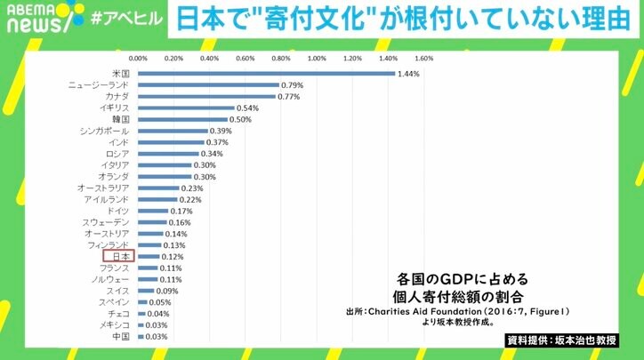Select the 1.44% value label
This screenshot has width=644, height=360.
click(409, 73)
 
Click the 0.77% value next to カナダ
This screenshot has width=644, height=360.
click(287, 96)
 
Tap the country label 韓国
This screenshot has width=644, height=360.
click(120, 119)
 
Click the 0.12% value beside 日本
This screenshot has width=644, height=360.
click(172, 257)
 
